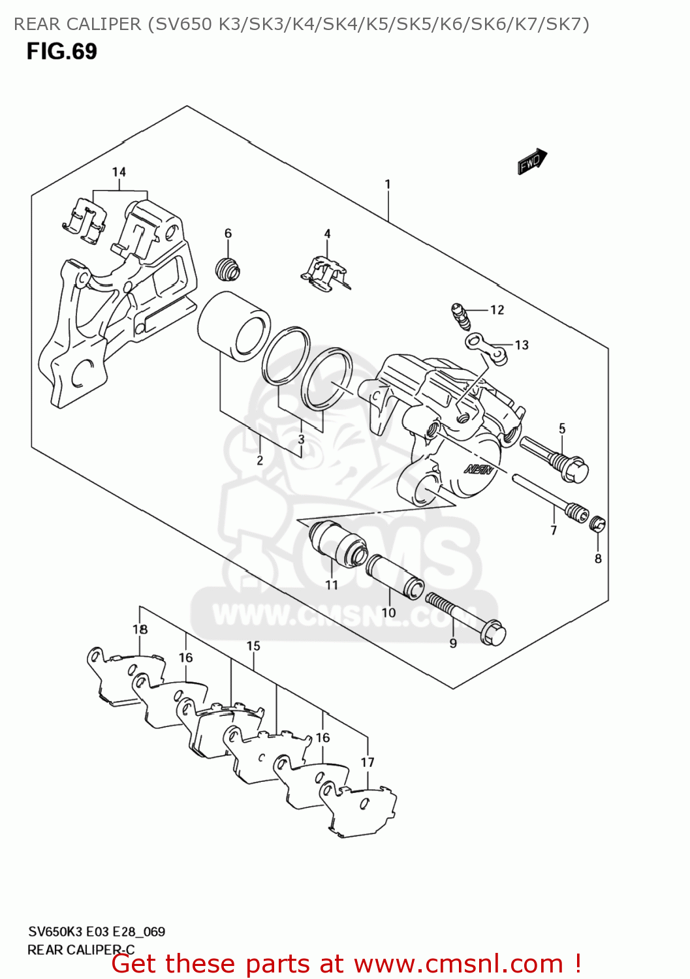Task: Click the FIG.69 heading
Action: (61, 52)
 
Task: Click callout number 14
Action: (119, 172)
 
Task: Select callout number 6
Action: (228, 234)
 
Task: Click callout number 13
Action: (522, 345)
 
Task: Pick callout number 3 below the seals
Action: (301, 439)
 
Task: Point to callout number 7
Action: (554, 530)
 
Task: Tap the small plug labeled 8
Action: (597, 523)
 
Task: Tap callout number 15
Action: (253, 646)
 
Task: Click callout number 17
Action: (368, 762)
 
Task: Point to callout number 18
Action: (140, 630)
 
